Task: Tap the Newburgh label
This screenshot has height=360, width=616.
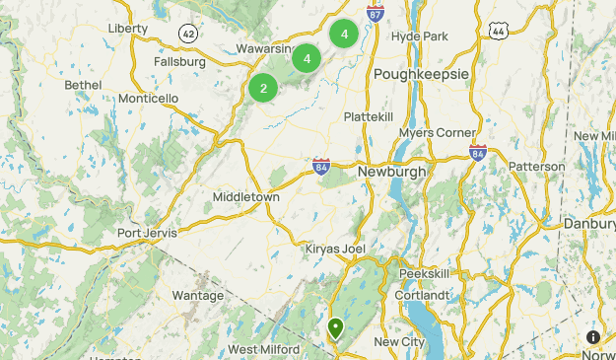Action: point(391,171)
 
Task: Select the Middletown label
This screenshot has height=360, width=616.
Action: point(246,197)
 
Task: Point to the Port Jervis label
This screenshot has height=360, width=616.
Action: point(147,234)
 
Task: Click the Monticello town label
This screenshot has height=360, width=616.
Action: point(148,99)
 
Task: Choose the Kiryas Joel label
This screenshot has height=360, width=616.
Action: point(336,248)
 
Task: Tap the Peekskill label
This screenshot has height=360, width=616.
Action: point(425,272)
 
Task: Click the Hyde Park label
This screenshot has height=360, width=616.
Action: point(420,36)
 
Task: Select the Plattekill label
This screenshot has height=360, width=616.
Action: point(369,117)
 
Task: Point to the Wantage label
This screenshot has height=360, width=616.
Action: point(197,295)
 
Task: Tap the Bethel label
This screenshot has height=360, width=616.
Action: point(83,86)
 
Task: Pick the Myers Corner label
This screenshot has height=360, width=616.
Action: point(438,133)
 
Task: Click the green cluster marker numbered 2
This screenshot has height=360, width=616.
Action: point(263,88)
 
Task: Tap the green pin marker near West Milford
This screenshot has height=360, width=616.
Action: point(336,327)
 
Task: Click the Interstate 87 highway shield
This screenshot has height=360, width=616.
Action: point(375,13)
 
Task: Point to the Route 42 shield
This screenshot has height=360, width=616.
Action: point(187,35)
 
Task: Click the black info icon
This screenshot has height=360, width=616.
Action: point(593,337)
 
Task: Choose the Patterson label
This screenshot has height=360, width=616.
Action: point(537,167)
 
